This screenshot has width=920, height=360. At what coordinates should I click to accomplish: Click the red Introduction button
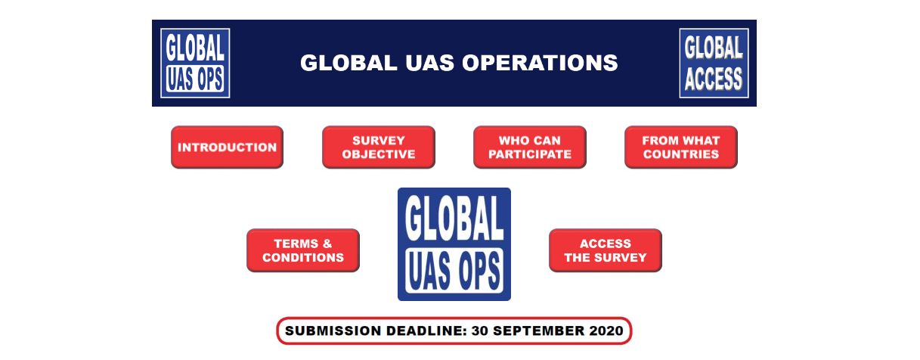point(227,147)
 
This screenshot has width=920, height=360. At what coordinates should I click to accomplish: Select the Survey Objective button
point(378,147)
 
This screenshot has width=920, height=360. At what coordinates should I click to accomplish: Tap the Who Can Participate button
point(530,147)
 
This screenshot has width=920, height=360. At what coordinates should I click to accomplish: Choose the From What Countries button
point(681,147)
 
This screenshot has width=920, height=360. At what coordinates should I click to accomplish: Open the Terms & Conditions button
point(303,250)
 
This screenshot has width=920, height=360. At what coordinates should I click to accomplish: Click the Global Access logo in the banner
point(714,63)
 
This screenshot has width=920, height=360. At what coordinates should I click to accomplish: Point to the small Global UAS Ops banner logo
point(195,63)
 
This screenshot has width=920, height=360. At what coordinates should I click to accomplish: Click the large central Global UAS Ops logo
point(454,244)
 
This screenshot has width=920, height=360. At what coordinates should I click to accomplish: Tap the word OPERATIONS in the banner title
point(540,63)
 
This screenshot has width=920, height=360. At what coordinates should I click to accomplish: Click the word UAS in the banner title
point(429,63)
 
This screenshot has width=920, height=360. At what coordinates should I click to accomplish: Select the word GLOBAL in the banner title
point(348,63)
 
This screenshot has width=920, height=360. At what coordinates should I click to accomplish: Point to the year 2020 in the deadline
point(606,331)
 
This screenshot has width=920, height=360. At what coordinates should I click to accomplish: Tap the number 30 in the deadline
point(480,331)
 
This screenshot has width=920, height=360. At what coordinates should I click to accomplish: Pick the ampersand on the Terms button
point(327,244)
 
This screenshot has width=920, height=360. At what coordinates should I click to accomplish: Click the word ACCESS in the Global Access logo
point(714,79)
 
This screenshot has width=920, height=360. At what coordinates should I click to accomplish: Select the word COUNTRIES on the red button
point(681,154)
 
